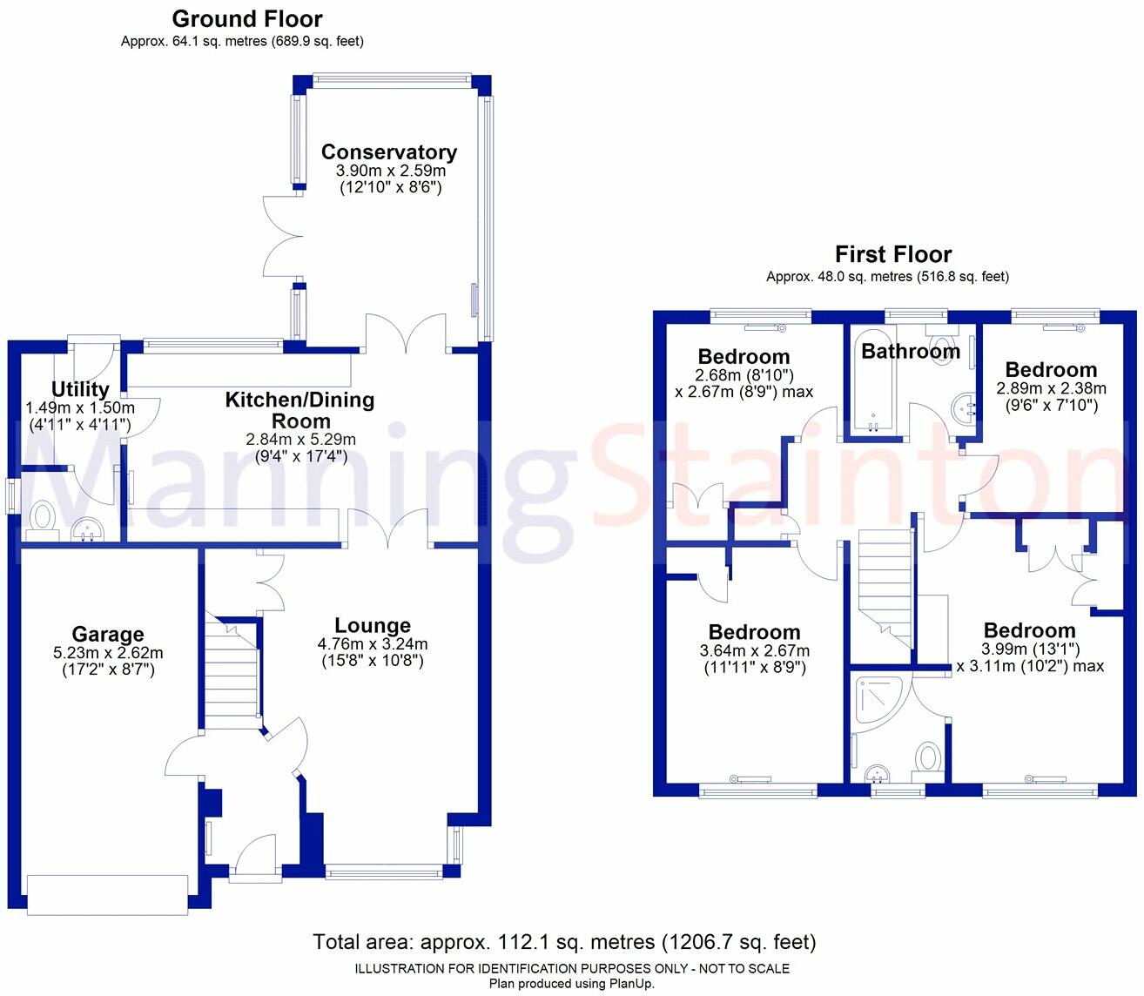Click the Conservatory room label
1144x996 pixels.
click(389, 152)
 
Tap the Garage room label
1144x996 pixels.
click(108, 635)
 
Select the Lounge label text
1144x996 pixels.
click(373, 626)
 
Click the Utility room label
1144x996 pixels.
click(80, 389)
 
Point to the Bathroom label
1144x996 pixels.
click(911, 351)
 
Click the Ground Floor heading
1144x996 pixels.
click(247, 18)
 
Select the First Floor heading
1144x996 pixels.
click(893, 254)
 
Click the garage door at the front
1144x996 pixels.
click(108, 894)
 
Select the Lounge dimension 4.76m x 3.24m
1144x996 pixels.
click(373, 644)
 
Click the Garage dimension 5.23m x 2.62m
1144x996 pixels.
click(108, 653)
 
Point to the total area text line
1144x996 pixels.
click(564, 942)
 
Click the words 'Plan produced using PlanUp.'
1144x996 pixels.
click(571, 984)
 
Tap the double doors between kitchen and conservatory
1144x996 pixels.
click(406, 335)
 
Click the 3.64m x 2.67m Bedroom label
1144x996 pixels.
click(754, 633)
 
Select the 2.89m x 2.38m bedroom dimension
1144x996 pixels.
click(1051, 388)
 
